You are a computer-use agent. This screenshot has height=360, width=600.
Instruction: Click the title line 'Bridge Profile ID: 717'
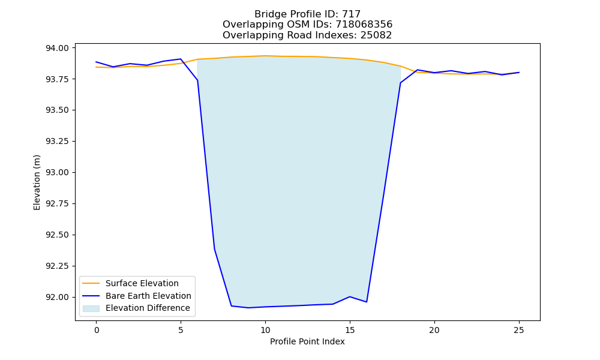[307, 14]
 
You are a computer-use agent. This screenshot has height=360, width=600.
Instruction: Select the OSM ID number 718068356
[364, 25]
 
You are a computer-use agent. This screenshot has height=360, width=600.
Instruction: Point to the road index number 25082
[376, 35]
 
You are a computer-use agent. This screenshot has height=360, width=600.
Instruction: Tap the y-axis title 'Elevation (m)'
[37, 182]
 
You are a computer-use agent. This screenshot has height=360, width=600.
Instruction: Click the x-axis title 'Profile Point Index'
[307, 341]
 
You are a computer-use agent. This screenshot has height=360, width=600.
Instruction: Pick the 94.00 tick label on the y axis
[58, 48]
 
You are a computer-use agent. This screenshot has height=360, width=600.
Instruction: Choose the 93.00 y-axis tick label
[58, 173]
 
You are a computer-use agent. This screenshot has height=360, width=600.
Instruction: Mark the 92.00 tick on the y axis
[58, 297]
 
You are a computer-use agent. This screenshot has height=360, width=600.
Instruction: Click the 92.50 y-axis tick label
[58, 235]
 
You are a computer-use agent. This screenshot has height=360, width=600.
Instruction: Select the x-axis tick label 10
[265, 330]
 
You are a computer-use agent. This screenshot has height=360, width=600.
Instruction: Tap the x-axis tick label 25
[519, 330]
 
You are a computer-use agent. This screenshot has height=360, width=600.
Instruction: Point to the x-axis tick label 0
[96, 330]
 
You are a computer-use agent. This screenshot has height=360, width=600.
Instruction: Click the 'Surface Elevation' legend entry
[130, 283]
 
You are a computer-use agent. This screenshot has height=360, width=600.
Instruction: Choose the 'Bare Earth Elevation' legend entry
[137, 296]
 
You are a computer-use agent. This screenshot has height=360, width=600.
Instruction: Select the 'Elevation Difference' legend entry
[136, 308]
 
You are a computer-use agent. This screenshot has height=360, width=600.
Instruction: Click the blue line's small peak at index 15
[350, 296]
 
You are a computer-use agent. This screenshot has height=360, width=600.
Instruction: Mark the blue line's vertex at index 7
[214, 249]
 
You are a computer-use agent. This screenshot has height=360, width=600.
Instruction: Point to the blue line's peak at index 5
[181, 59]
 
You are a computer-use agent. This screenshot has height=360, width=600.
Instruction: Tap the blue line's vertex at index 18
[400, 83]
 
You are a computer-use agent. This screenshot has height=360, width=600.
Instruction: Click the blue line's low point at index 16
[367, 302]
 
